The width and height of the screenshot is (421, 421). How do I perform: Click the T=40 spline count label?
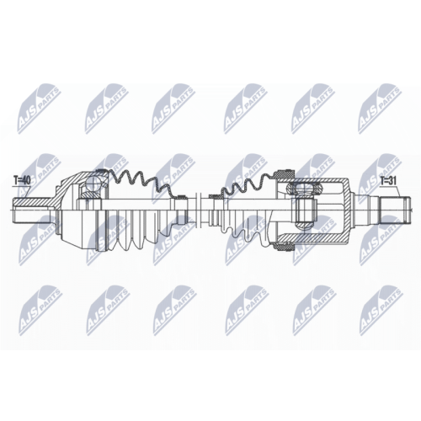coord(22,180)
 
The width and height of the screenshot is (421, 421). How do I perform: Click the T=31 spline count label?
coord(388,181)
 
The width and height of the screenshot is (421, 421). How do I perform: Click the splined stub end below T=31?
coord(395,210)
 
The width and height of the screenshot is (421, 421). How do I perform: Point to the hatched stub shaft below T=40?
coord(32,202)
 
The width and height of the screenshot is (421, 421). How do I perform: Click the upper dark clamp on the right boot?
coord(285,174)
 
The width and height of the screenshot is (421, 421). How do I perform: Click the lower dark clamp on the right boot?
coord(285,247)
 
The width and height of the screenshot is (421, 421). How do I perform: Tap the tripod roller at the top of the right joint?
coord(304,189)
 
